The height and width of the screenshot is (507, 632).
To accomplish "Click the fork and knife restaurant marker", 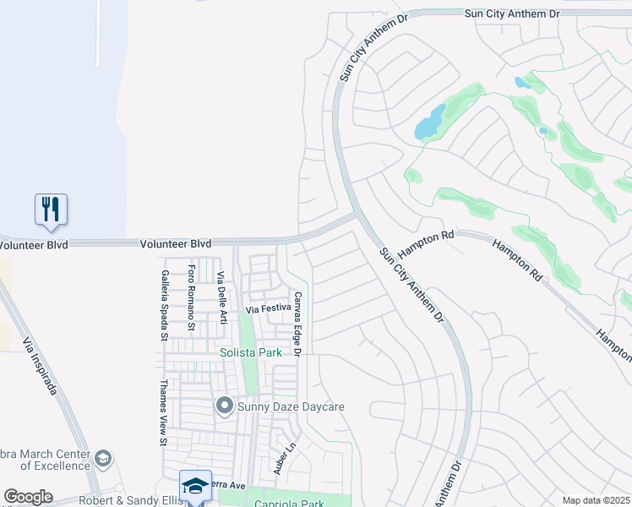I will [x=51, y=208].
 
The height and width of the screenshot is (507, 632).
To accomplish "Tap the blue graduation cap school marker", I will [x=195, y=486].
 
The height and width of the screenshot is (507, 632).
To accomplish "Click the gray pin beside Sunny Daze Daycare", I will [x=225, y=406].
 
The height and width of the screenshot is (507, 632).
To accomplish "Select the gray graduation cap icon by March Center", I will [x=103, y=459].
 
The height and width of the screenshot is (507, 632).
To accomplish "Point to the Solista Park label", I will [x=251, y=352].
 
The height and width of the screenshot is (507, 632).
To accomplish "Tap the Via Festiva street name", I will [x=269, y=309].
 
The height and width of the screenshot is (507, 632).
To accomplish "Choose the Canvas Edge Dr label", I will [x=297, y=323].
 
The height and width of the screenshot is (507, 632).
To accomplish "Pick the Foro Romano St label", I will [x=192, y=297].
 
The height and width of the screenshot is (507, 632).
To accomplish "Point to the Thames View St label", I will [x=162, y=412].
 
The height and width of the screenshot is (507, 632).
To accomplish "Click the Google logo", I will [x=28, y=497].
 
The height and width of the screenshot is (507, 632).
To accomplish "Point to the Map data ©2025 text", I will [x=596, y=500].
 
